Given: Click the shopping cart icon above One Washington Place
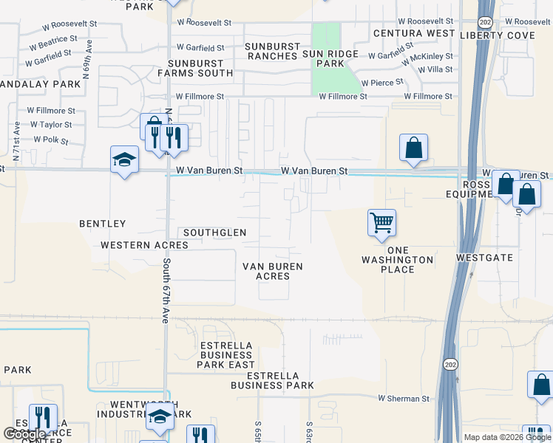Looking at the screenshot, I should tap(381, 222).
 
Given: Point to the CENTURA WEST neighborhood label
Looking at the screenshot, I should tap(414, 34).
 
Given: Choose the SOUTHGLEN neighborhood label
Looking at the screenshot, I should tap(214, 233).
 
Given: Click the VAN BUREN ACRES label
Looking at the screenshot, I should tap(273, 271).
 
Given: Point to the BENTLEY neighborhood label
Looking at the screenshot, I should tap(104, 223).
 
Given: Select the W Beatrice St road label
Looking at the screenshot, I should tap(52, 39).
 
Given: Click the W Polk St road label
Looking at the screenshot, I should tap(50, 140).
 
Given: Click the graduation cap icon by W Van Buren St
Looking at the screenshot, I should tap(124, 159).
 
